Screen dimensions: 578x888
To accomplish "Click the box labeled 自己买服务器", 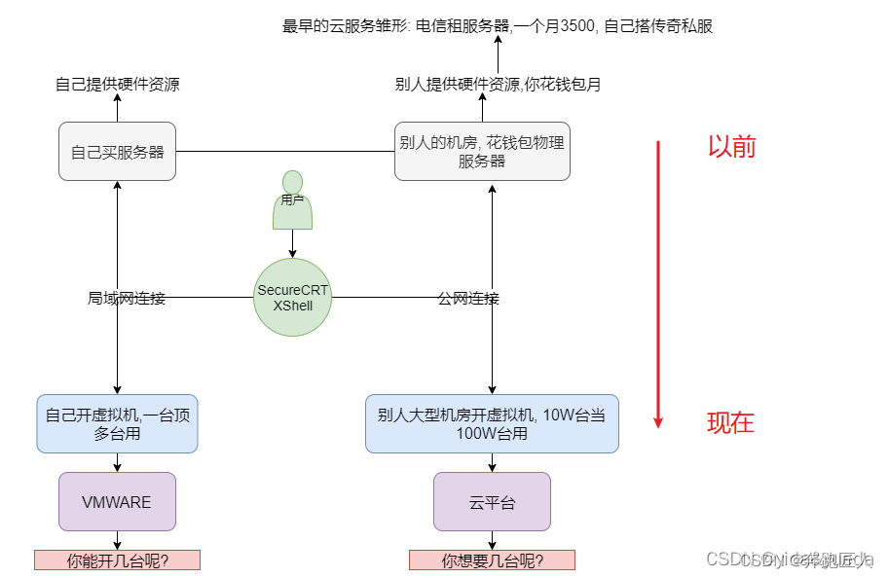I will click(117, 151).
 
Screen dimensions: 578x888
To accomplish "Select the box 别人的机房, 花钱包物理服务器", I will click(482, 151).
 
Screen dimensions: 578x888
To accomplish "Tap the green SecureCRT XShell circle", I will click(292, 298).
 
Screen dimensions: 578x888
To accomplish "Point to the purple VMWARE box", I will click(117, 502).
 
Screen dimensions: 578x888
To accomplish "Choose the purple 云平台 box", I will click(492, 502).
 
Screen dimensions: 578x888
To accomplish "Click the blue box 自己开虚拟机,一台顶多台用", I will click(117, 423).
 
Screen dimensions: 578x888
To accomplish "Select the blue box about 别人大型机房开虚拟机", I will click(492, 423).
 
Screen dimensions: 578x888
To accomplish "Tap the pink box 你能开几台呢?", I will click(117, 560).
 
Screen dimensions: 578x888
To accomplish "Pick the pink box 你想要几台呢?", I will click(492, 560).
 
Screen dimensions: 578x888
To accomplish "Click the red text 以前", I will click(731, 147).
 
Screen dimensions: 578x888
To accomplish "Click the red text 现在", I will click(730, 422).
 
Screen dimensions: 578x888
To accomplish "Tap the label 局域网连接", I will click(127, 298).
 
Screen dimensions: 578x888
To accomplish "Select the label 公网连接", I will click(468, 298).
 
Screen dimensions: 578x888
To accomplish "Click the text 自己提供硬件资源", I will click(117, 85).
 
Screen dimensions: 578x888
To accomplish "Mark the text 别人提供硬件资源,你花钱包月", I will click(498, 85).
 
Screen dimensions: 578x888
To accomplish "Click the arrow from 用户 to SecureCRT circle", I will click(292, 244).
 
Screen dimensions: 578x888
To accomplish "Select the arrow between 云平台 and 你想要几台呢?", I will click(492, 540).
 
